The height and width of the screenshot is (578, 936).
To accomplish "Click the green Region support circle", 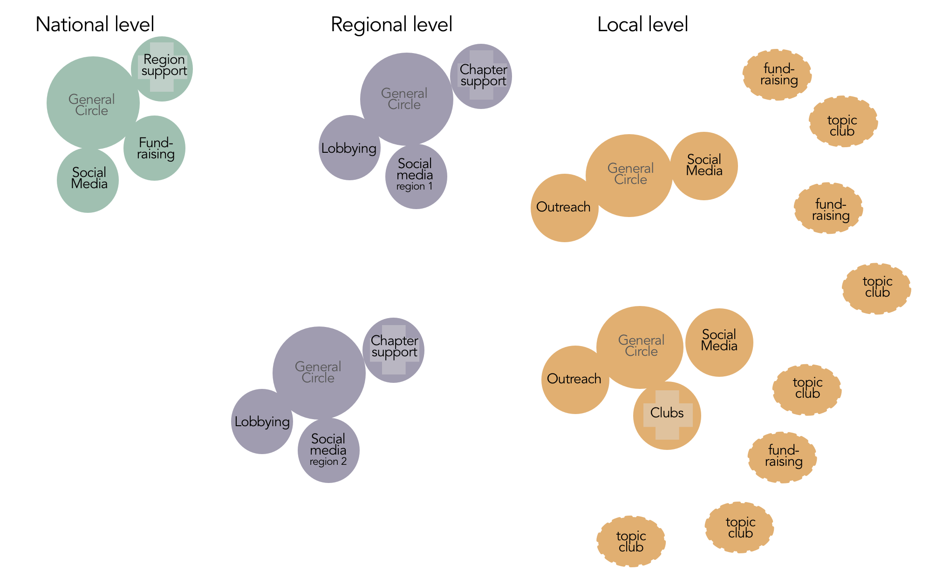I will coord(162,69).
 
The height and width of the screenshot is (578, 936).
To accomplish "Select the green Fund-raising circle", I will coord(154,148).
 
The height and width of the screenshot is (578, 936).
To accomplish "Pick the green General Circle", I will coord(92,103).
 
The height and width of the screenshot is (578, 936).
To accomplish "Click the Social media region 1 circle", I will coord(416,177).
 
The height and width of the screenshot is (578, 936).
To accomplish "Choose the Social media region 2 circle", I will coord(328,450).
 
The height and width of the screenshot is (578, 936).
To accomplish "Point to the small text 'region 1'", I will coord(414,186).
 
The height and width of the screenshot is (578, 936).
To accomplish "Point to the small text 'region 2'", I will coord(328,462).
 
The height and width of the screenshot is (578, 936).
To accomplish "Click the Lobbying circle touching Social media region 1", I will coord(349,148).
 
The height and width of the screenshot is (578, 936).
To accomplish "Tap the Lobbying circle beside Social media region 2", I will coord(262,422).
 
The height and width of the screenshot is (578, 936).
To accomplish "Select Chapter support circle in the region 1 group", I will coord(482,76).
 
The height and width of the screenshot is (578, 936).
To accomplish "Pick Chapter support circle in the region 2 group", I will coord(394,350).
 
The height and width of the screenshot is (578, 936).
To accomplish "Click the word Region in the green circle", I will coord(164,60).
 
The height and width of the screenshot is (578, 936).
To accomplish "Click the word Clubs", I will coord(667,413).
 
